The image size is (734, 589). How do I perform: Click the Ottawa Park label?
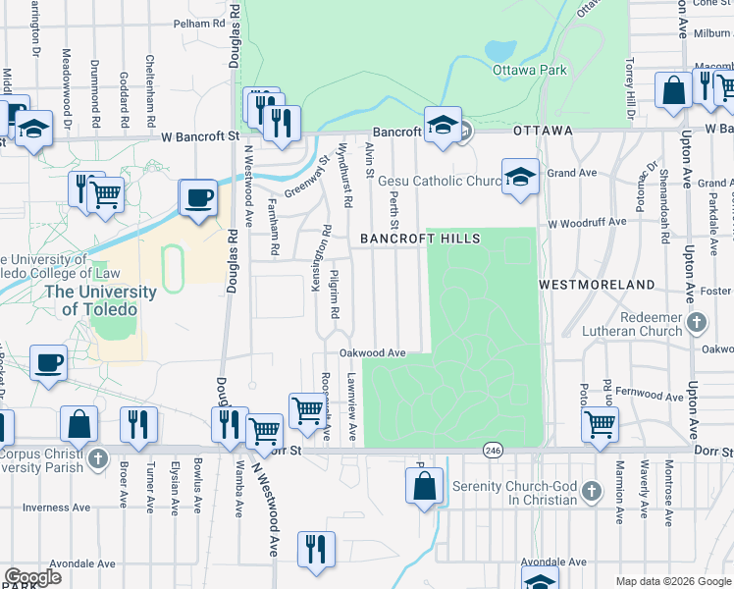pyautogui.click(x=532, y=70)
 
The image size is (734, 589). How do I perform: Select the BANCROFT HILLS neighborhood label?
pyautogui.click(x=420, y=239)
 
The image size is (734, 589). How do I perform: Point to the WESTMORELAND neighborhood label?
pyautogui.click(x=597, y=284)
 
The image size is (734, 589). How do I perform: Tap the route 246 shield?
pyautogui.click(x=493, y=450)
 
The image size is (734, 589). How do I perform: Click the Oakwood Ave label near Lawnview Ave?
pyautogui.click(x=372, y=352)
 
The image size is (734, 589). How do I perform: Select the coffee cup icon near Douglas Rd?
pyautogui.click(x=198, y=197)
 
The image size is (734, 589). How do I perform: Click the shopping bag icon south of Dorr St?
pyautogui.click(x=424, y=486)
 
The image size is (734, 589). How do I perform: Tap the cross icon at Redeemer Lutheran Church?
pyautogui.click(x=696, y=322)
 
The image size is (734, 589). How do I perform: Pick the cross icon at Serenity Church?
pyautogui.click(x=591, y=489)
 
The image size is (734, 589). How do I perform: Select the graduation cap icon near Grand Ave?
pyautogui.click(x=520, y=177)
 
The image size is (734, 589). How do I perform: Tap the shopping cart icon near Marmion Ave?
pyautogui.click(x=600, y=424)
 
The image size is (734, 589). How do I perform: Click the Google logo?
pyautogui.click(x=32, y=577)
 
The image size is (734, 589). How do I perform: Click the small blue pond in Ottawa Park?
pyautogui.click(x=499, y=48)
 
